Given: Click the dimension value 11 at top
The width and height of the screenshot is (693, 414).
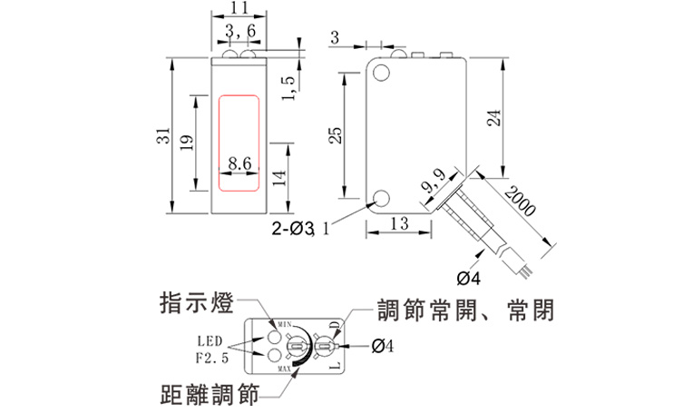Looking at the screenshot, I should pyautogui.click(x=239, y=8).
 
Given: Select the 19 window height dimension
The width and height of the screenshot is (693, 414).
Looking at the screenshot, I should pyautogui.click(x=186, y=143).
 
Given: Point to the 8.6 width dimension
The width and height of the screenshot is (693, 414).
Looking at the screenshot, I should pyautogui.click(x=239, y=163).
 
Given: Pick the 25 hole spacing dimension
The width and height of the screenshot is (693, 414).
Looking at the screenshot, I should pyautogui.click(x=335, y=135).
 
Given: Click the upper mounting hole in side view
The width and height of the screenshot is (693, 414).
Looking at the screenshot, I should pyautogui.click(x=382, y=69).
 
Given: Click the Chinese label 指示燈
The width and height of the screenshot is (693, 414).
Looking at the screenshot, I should pyautogui.click(x=195, y=302).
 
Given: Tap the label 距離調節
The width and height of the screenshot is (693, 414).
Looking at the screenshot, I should pyautogui.click(x=208, y=395).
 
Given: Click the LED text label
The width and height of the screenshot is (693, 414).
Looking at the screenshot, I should pyautogui.click(x=210, y=341).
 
